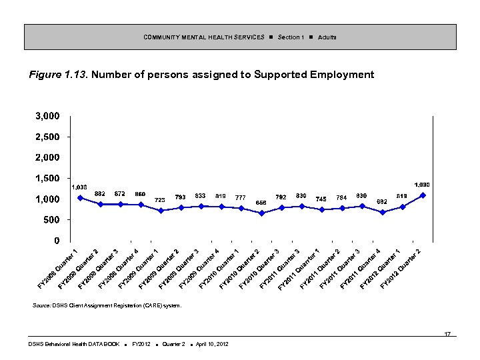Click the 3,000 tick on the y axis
coord(47,116)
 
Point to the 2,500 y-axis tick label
coord(47,137)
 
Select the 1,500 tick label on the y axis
coord(47,178)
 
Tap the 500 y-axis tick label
coord(51,219)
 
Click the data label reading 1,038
coord(79,187)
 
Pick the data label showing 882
coord(100,193)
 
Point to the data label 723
coord(160,200)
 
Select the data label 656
coord(261,203)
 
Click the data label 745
coord(321,199)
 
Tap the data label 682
coord(382,201)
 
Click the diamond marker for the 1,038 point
coord(80,197)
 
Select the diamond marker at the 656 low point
coord(261,213)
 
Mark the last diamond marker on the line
coord(423,195)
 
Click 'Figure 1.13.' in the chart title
coord(58,75)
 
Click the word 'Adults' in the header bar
coord(327,37)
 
